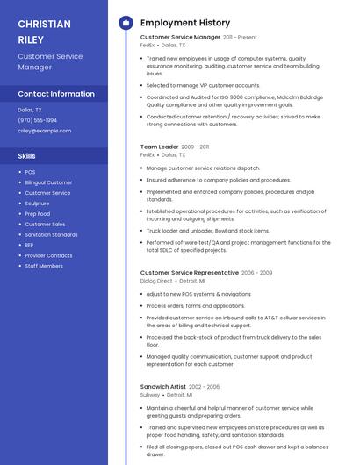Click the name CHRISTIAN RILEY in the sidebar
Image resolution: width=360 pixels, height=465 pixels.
point(45,31)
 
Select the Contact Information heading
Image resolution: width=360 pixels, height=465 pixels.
point(56,94)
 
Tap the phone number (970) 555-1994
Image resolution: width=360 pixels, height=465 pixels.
point(37,120)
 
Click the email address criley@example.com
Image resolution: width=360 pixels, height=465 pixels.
point(44,131)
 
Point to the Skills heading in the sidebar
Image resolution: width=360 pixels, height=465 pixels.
point(27,155)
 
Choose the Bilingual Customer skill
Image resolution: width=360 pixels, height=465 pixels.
point(48,182)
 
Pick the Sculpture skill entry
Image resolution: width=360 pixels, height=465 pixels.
point(37,203)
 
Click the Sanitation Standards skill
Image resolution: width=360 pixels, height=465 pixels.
point(51,234)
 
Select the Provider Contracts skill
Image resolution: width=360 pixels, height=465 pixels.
point(48,255)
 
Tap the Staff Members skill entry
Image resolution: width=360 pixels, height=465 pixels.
point(44,266)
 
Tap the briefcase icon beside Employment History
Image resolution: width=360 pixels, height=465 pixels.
point(125,22)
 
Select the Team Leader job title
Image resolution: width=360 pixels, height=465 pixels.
point(159,147)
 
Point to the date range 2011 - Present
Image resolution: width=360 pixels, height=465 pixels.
point(240,38)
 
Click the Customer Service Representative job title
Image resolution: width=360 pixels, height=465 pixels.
point(189,273)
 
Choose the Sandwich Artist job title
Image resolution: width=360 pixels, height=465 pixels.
point(162,387)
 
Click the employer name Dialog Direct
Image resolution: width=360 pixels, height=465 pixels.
point(156,281)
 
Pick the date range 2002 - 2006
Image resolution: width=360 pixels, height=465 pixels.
point(204,387)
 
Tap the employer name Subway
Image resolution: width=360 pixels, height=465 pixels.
point(150,395)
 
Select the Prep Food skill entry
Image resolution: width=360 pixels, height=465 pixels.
point(38,213)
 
